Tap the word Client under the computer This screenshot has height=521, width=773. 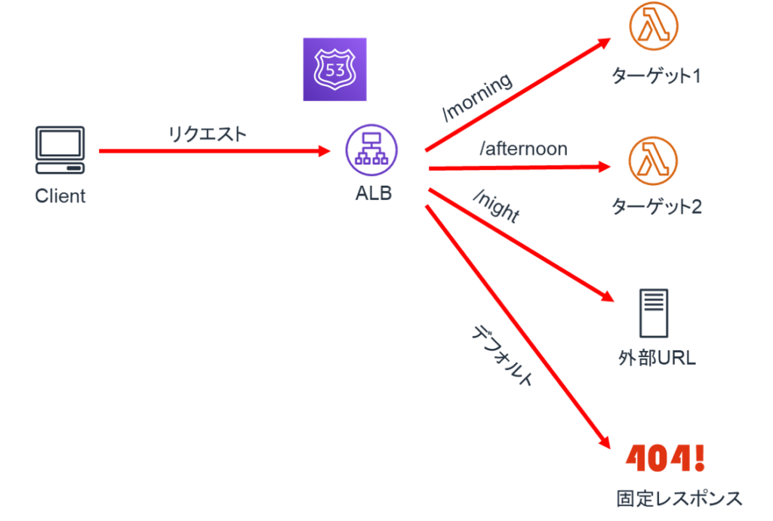pyautogui.click(x=60, y=196)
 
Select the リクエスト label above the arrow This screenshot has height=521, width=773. pyautogui.click(x=207, y=134)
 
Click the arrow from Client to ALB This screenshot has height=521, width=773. pyautogui.click(x=215, y=151)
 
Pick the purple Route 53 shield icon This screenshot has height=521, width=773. pyautogui.click(x=334, y=69)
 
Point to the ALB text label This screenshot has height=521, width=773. pyautogui.click(x=374, y=193)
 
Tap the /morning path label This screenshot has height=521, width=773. pyautogui.click(x=477, y=97)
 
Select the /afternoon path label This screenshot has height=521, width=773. pyautogui.click(x=523, y=149)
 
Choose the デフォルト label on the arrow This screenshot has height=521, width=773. pyautogui.click(x=503, y=355)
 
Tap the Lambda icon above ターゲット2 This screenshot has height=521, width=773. pyautogui.click(x=653, y=161)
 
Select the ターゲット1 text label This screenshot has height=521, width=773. pyautogui.click(x=655, y=76)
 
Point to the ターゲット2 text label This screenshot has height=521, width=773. pyautogui.click(x=655, y=206)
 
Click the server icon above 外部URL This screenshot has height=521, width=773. pyautogui.click(x=653, y=313)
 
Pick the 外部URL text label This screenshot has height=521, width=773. pyautogui.click(x=656, y=358)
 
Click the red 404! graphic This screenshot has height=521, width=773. pyautogui.click(x=665, y=456)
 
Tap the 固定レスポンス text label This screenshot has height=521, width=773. pyautogui.click(x=679, y=499)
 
